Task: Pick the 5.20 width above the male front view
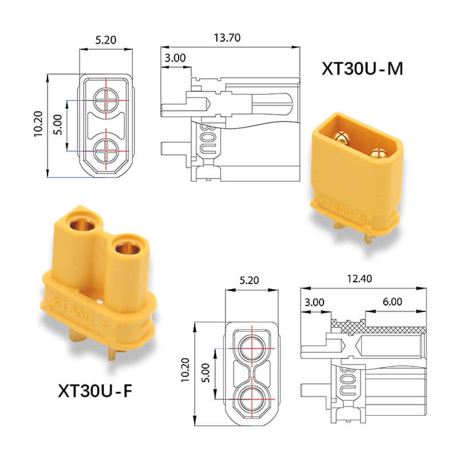106,40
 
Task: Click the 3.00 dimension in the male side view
175,58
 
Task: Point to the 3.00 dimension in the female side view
315,302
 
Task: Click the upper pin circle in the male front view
106,101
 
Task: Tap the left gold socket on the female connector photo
81,222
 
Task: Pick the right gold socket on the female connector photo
128,247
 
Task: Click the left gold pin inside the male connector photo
342,137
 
